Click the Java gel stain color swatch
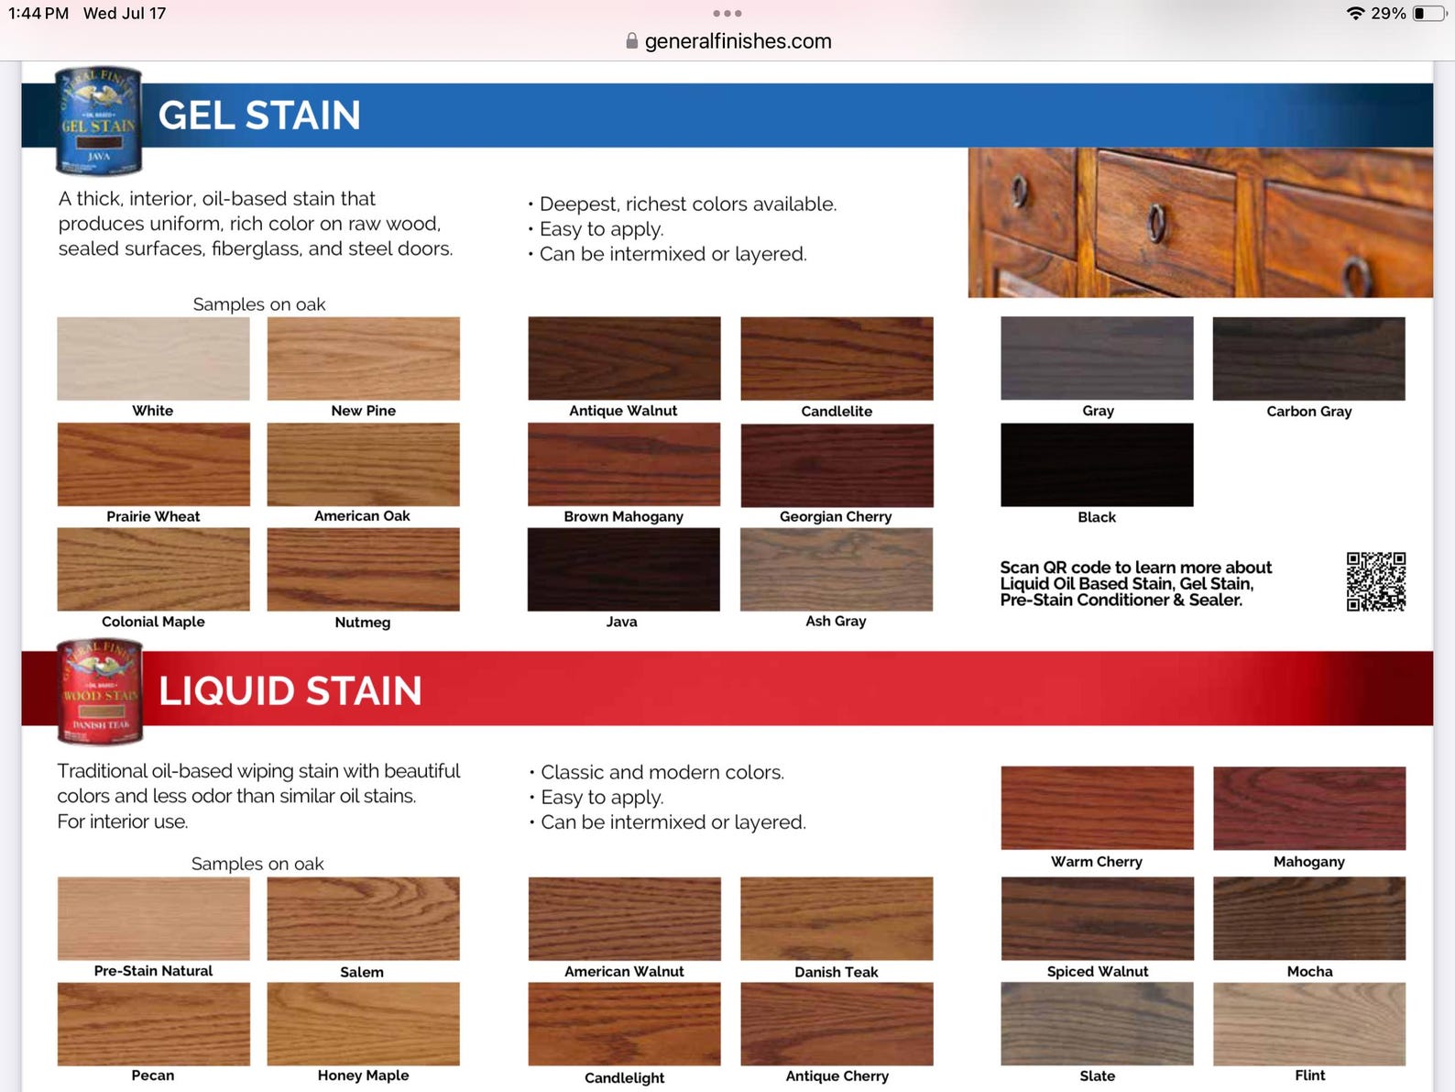[623, 568]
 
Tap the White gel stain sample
[153, 358]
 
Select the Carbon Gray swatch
[1308, 358]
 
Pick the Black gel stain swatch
[1097, 464]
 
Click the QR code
[1375, 581]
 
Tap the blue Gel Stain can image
[98, 121]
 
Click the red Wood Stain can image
[99, 691]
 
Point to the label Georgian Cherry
[835, 516]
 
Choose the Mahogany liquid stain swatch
[1308, 808]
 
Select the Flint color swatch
[1308, 1023]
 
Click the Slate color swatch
[1097, 1023]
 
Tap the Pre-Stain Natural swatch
[153, 918]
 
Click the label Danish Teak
[836, 972]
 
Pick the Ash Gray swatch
[836, 568]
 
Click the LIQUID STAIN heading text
[290, 690]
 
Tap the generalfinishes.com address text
[738, 41]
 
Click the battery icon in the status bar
[1428, 14]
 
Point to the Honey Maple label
[363, 1075]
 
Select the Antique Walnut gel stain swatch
[624, 358]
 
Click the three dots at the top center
[727, 14]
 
